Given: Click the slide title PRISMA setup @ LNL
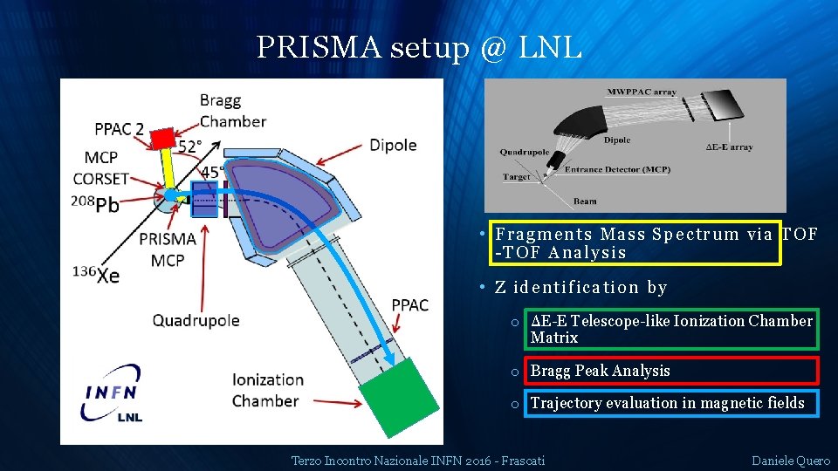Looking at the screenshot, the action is [419, 48].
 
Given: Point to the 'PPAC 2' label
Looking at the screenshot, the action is [120, 130].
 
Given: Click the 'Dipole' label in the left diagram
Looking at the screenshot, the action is [393, 145].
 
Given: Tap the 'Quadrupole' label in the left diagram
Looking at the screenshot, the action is [196, 320].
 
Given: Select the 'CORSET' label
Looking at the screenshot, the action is [101, 179].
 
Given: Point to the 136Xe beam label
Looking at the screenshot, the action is [97, 275].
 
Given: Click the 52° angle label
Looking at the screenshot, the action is [190, 146].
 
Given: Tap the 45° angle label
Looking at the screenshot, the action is [212, 171].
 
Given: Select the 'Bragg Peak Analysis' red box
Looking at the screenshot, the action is [670, 371].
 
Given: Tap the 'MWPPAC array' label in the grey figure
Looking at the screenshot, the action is [642, 92].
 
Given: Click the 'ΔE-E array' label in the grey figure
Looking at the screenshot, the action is [729, 147].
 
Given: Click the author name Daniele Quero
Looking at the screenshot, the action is [790, 460].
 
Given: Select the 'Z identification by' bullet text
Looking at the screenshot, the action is [580, 287].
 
